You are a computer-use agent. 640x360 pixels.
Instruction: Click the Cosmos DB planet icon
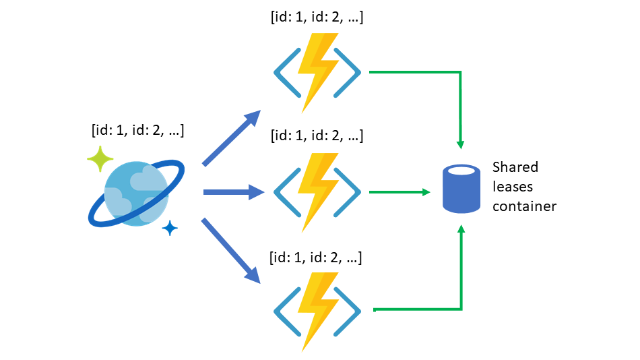click(x=137, y=193)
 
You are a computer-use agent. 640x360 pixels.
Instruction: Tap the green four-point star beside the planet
click(x=101, y=159)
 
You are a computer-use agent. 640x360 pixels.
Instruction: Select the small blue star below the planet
click(x=170, y=229)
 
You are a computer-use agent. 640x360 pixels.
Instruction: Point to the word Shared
click(x=515, y=167)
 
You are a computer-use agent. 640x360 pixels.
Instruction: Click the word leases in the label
click(x=513, y=187)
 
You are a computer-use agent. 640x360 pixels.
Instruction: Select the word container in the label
click(x=524, y=206)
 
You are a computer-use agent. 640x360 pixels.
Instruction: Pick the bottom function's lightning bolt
click(x=317, y=311)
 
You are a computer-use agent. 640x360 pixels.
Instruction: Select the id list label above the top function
click(x=316, y=18)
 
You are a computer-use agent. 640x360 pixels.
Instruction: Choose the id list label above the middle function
click(x=316, y=136)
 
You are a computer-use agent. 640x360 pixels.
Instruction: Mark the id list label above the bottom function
click(x=316, y=257)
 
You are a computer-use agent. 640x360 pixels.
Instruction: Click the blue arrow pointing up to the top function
click(x=232, y=138)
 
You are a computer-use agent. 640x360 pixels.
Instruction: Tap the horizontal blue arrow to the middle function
click(x=233, y=193)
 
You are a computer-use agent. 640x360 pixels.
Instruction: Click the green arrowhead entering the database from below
click(x=461, y=231)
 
